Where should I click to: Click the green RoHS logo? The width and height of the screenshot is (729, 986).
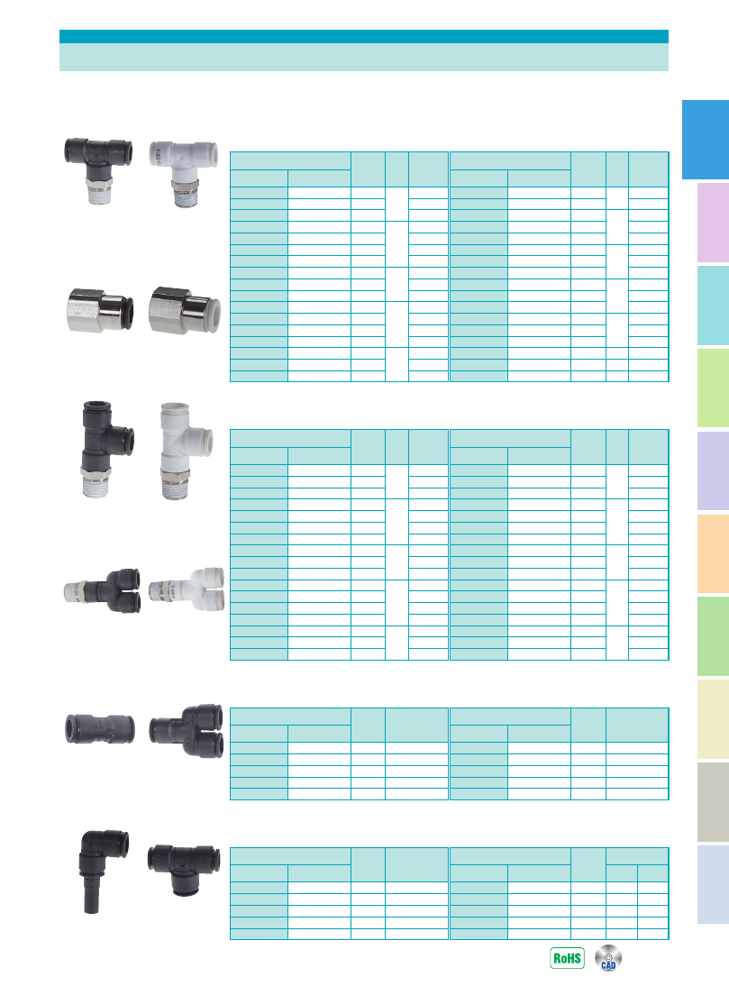click(x=567, y=958)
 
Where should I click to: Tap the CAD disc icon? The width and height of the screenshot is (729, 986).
click(x=608, y=958)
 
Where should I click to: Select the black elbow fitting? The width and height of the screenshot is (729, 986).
click(x=104, y=871)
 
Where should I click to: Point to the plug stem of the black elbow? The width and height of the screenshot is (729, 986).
click(x=92, y=893)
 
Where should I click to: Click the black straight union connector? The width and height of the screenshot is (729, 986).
click(x=99, y=729)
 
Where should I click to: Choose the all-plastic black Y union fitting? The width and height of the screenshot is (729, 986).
click(x=186, y=731)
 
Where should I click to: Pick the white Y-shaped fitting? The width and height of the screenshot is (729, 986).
click(x=187, y=589)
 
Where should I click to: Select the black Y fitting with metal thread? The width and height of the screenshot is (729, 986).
click(x=103, y=590)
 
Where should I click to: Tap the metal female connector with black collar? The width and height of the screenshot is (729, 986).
click(x=100, y=310)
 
